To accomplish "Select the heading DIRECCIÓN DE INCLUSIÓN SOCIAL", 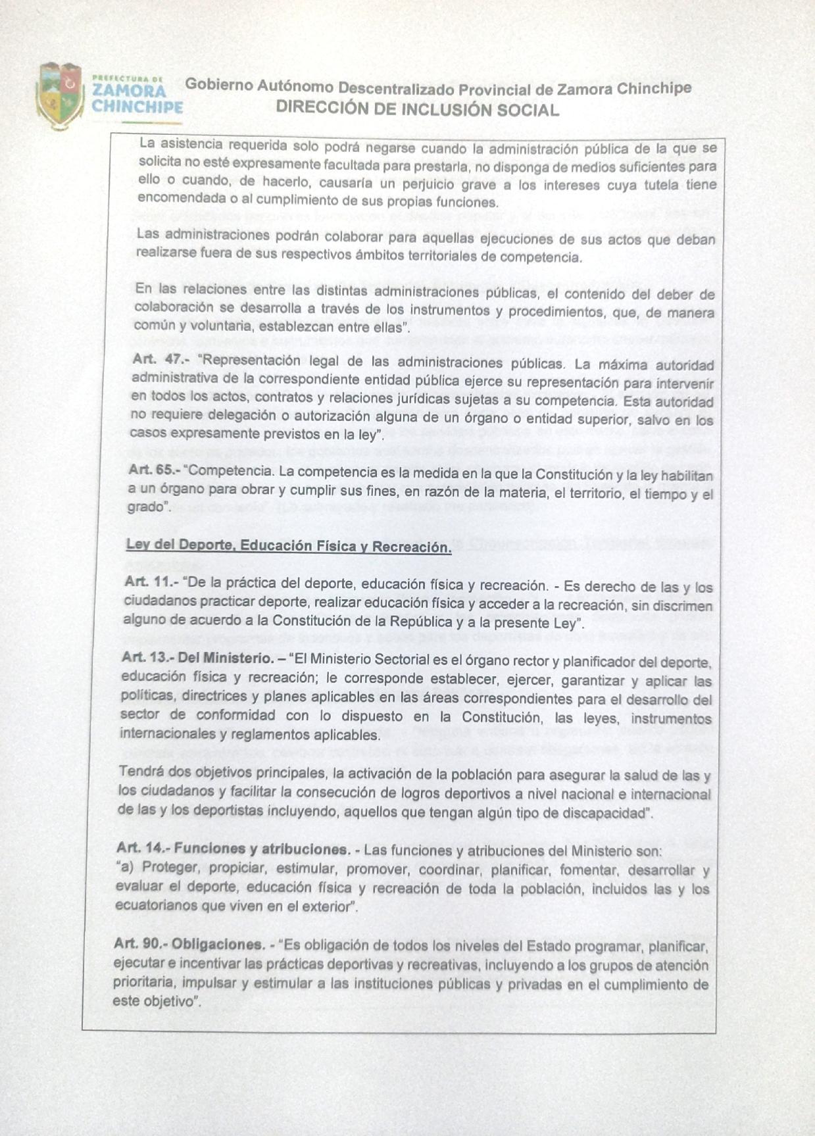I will (417, 109).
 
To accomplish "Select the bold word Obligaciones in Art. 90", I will (218, 944).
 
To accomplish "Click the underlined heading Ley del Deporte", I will (288, 545).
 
